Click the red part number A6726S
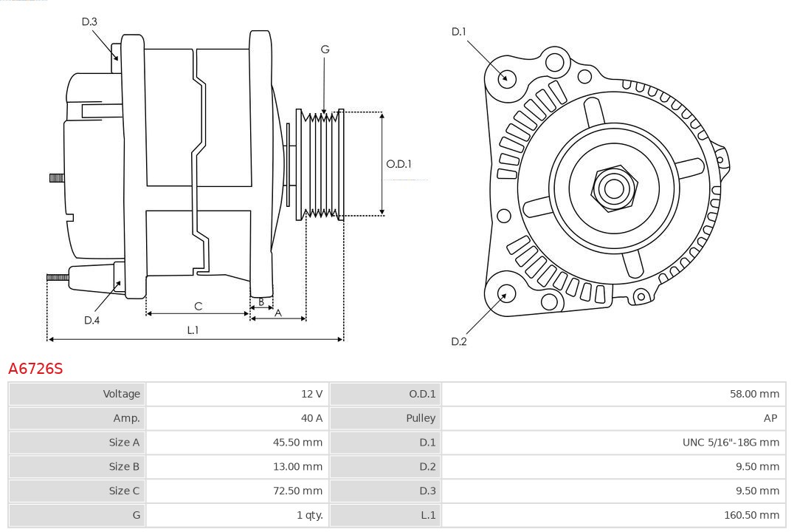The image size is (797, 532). point(35,368)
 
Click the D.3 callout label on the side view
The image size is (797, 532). point(89,21)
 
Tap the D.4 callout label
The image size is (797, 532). point(92,320)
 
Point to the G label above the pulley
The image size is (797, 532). point(325,50)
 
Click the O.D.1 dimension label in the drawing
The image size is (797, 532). point(398,164)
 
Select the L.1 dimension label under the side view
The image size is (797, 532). point(193,330)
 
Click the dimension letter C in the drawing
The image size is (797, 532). point(198,306)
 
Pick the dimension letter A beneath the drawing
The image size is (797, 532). point(278,313)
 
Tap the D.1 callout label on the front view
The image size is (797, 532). point(459,31)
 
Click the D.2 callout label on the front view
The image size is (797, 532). point(459,341)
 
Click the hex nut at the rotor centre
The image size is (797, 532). point(613,188)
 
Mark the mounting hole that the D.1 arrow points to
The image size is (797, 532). point(506,78)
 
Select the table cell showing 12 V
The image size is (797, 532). point(311,394)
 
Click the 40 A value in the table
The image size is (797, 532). point(311,418)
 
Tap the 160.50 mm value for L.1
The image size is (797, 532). point(751,515)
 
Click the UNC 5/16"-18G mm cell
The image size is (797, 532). point(731,443)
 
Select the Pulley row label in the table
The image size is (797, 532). point(421,418)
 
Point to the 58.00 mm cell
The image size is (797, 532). point(754,394)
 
